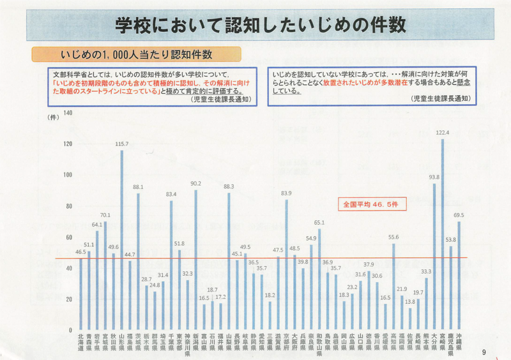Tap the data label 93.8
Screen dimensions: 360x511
(434, 177)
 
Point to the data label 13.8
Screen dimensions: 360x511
(410, 301)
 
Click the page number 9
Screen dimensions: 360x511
(484, 352)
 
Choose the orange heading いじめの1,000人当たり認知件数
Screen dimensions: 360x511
(136, 54)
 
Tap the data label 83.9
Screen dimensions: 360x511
(286, 193)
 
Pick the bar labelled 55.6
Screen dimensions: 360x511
(393, 287)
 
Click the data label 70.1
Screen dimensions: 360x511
(105, 214)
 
